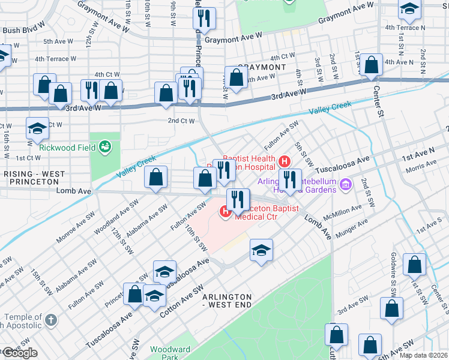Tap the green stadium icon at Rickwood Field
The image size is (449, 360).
[106, 146]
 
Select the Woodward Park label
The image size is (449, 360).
[170, 352]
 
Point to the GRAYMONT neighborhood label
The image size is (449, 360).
[262, 68]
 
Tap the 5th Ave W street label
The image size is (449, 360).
[58, 42]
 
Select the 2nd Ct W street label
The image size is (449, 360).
[181, 121]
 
